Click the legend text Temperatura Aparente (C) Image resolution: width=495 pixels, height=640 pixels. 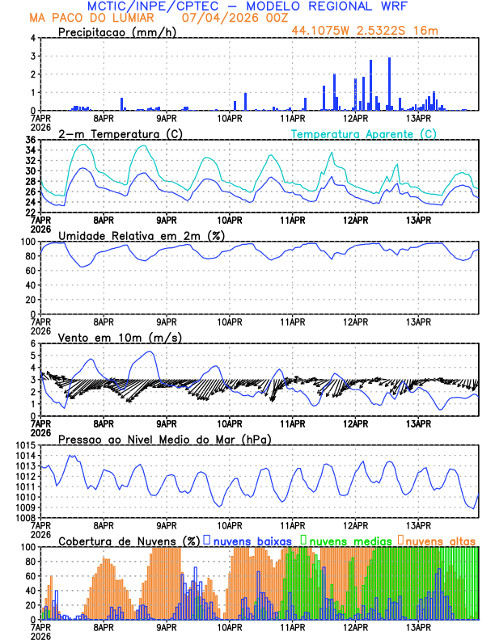tap(364, 133)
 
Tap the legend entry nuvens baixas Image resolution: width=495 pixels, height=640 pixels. tap(251, 540)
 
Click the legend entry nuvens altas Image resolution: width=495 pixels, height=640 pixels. tap(440, 540)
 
